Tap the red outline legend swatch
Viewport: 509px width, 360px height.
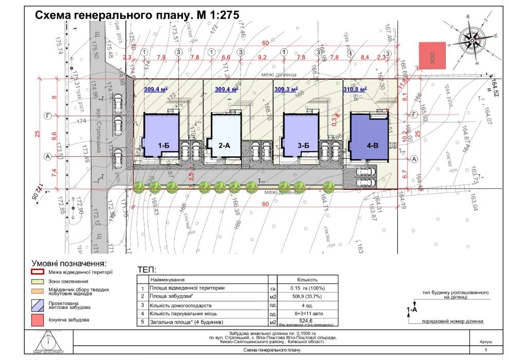point(39,272)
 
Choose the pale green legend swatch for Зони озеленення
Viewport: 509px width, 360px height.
point(39,282)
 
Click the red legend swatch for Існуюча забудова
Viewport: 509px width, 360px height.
point(39,319)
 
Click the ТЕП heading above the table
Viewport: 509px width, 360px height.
point(148,269)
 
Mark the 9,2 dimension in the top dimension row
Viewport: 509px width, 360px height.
point(262,57)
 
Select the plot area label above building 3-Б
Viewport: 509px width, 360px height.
point(286,89)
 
